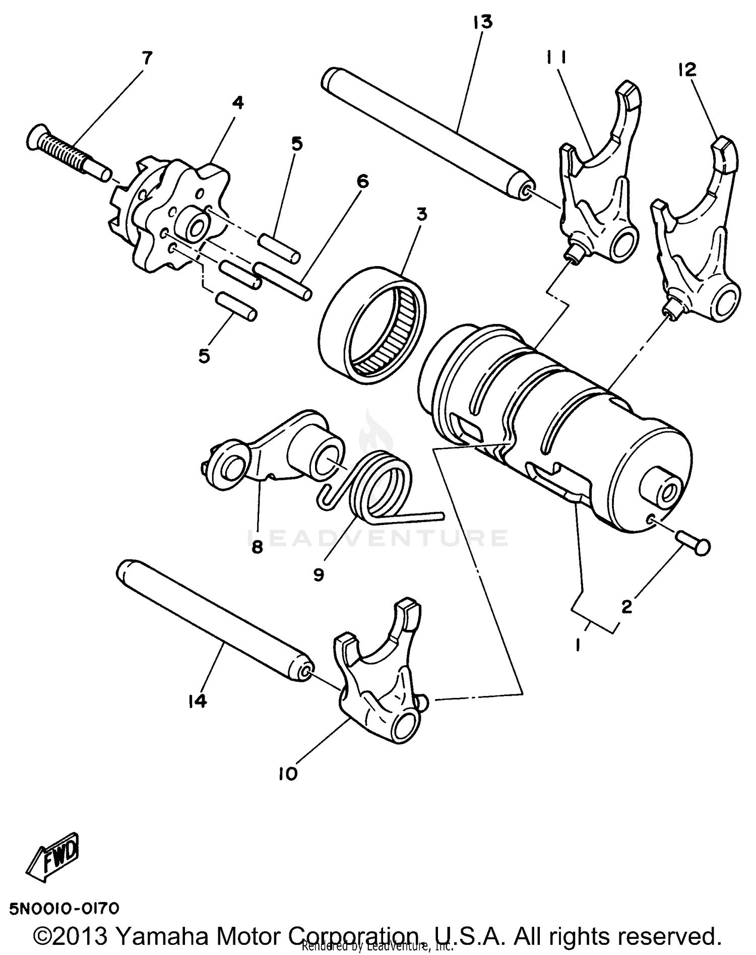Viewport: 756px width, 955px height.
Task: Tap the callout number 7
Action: tap(147, 59)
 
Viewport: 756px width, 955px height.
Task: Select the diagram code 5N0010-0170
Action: tap(65, 909)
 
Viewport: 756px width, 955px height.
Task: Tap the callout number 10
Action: tap(288, 774)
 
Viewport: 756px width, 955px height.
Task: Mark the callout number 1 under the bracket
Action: tap(578, 644)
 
